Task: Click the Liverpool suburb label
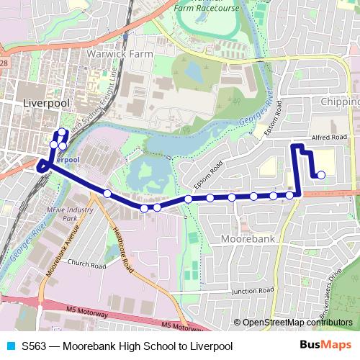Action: [46, 103]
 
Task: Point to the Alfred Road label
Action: [330, 137]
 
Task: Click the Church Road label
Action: [86, 266]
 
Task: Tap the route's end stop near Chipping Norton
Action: [320, 174]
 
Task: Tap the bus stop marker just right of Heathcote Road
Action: [144, 208]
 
